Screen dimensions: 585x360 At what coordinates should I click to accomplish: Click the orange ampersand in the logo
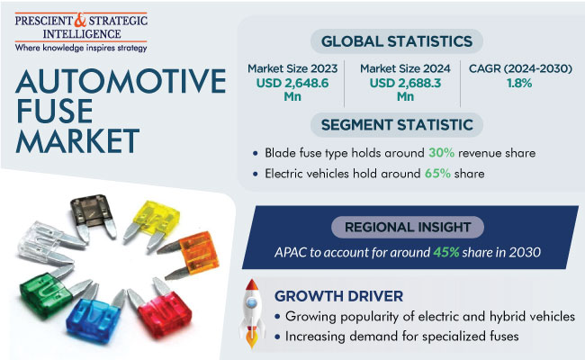tap(79, 20)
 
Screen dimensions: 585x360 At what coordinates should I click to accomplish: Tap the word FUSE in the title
tap(55, 111)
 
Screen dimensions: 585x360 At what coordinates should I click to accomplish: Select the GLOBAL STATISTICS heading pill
tap(397, 41)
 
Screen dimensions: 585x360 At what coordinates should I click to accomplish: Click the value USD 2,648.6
tap(292, 83)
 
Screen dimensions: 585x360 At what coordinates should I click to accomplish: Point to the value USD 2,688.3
tap(405, 83)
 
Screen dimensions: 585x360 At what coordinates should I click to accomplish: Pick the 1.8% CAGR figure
tap(519, 83)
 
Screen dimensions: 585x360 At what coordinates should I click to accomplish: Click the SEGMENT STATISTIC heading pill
tap(397, 124)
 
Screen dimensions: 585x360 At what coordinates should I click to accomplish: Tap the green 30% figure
tap(441, 153)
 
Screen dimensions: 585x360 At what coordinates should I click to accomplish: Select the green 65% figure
tap(437, 174)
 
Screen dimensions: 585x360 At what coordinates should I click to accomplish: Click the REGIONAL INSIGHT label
tap(408, 227)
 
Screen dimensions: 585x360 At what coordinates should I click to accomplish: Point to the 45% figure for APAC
tap(445, 253)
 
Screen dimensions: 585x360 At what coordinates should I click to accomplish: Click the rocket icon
tap(252, 313)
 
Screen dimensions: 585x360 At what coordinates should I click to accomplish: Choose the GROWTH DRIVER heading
tap(338, 296)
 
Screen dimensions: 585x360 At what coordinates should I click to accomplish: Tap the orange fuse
tap(190, 254)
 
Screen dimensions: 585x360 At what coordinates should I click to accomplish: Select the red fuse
tap(161, 309)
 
